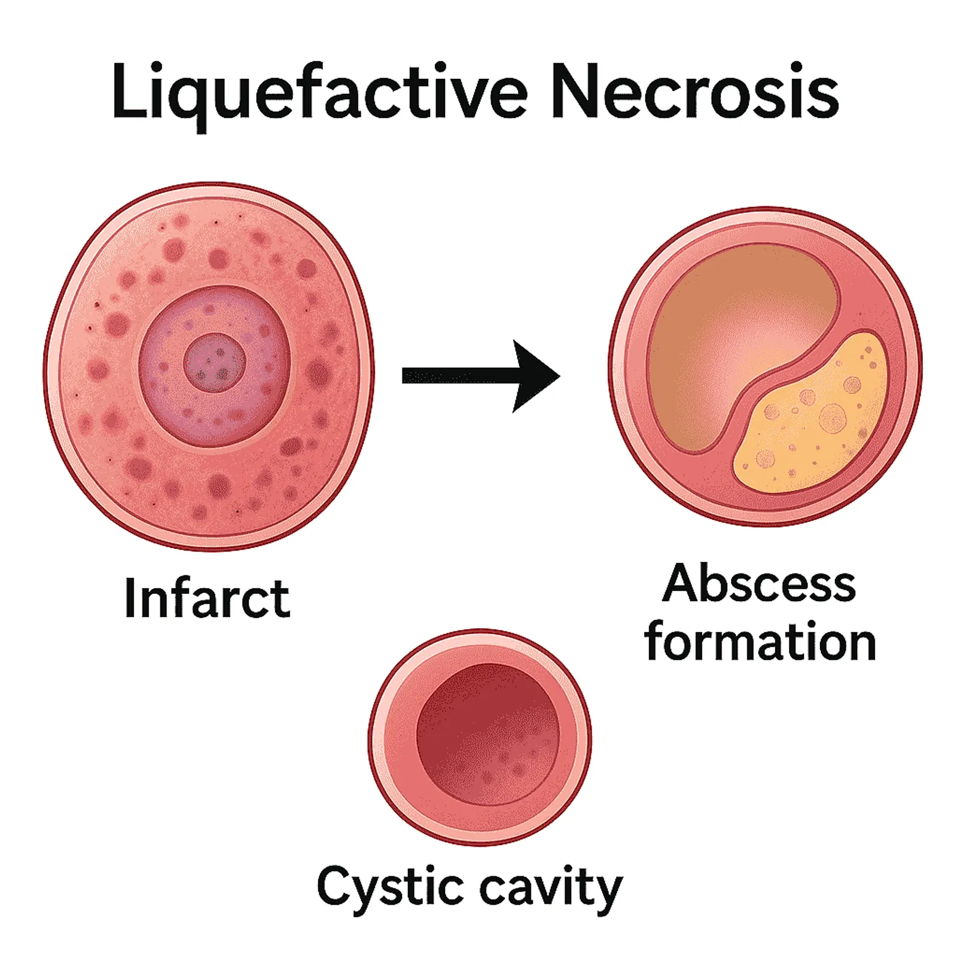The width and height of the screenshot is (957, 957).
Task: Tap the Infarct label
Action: click(x=207, y=598)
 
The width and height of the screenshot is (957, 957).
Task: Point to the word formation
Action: click(x=760, y=641)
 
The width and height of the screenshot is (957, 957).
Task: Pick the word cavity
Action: click(x=551, y=889)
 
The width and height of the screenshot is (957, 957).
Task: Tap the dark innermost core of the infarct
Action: click(x=214, y=362)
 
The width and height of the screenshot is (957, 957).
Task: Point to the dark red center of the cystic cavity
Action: click(x=487, y=734)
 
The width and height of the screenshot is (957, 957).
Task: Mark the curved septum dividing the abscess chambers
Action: click(x=784, y=365)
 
